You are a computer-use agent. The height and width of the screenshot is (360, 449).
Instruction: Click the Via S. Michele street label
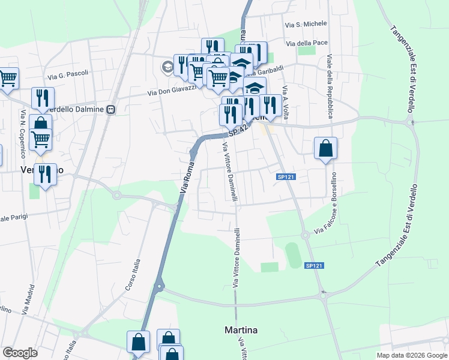coord(306,24)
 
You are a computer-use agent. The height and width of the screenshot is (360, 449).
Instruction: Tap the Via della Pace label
coord(307,43)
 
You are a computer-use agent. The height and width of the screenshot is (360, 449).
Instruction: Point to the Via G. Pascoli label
coord(68,75)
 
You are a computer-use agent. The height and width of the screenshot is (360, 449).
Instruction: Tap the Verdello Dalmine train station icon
coord(111,110)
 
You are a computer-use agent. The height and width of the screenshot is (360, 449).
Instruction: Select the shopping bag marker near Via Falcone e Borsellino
coord(325,148)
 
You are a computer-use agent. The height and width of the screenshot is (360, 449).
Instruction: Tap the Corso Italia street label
coord(133,275)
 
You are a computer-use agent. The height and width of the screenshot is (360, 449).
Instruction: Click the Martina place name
coord(241,330)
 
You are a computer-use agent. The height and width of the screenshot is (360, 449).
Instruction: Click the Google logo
coord(20,353)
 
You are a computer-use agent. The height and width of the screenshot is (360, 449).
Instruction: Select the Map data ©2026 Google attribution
coord(411,355)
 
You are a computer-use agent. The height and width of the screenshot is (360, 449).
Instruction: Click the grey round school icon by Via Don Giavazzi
coord(167,67)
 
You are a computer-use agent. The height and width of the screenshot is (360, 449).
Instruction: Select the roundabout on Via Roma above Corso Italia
coord(159,287)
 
